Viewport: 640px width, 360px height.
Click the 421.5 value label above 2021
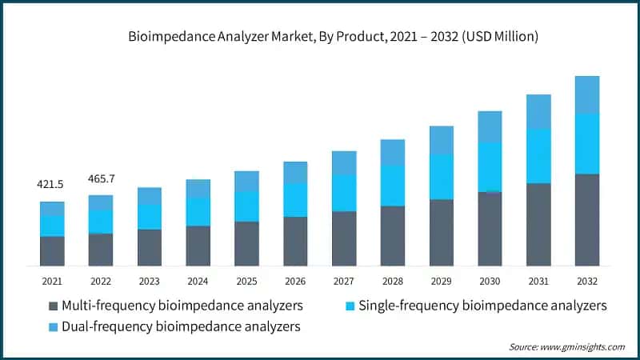(x=52, y=185)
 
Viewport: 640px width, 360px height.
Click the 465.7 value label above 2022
(x=101, y=178)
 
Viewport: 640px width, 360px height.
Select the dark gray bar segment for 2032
(x=587, y=219)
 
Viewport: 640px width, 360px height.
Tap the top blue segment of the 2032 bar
(x=587, y=94)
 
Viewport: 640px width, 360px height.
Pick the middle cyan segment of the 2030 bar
(x=490, y=166)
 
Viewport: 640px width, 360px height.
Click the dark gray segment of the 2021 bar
(x=52, y=250)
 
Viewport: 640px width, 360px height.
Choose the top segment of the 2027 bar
(x=344, y=162)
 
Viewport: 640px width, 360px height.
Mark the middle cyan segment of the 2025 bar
(x=246, y=206)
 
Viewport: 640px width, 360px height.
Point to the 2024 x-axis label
(x=198, y=281)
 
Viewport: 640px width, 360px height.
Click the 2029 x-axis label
(x=441, y=281)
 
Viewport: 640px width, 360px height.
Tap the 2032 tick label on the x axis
(x=587, y=281)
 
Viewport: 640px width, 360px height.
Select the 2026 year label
(x=295, y=281)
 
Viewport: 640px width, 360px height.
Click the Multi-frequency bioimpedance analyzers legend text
(x=182, y=306)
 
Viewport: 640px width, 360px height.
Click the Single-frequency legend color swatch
(x=350, y=306)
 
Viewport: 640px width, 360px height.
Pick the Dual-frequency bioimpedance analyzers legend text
(x=181, y=326)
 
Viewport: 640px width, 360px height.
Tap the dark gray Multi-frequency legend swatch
(x=54, y=306)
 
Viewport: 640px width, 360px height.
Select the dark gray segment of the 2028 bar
(x=393, y=236)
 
